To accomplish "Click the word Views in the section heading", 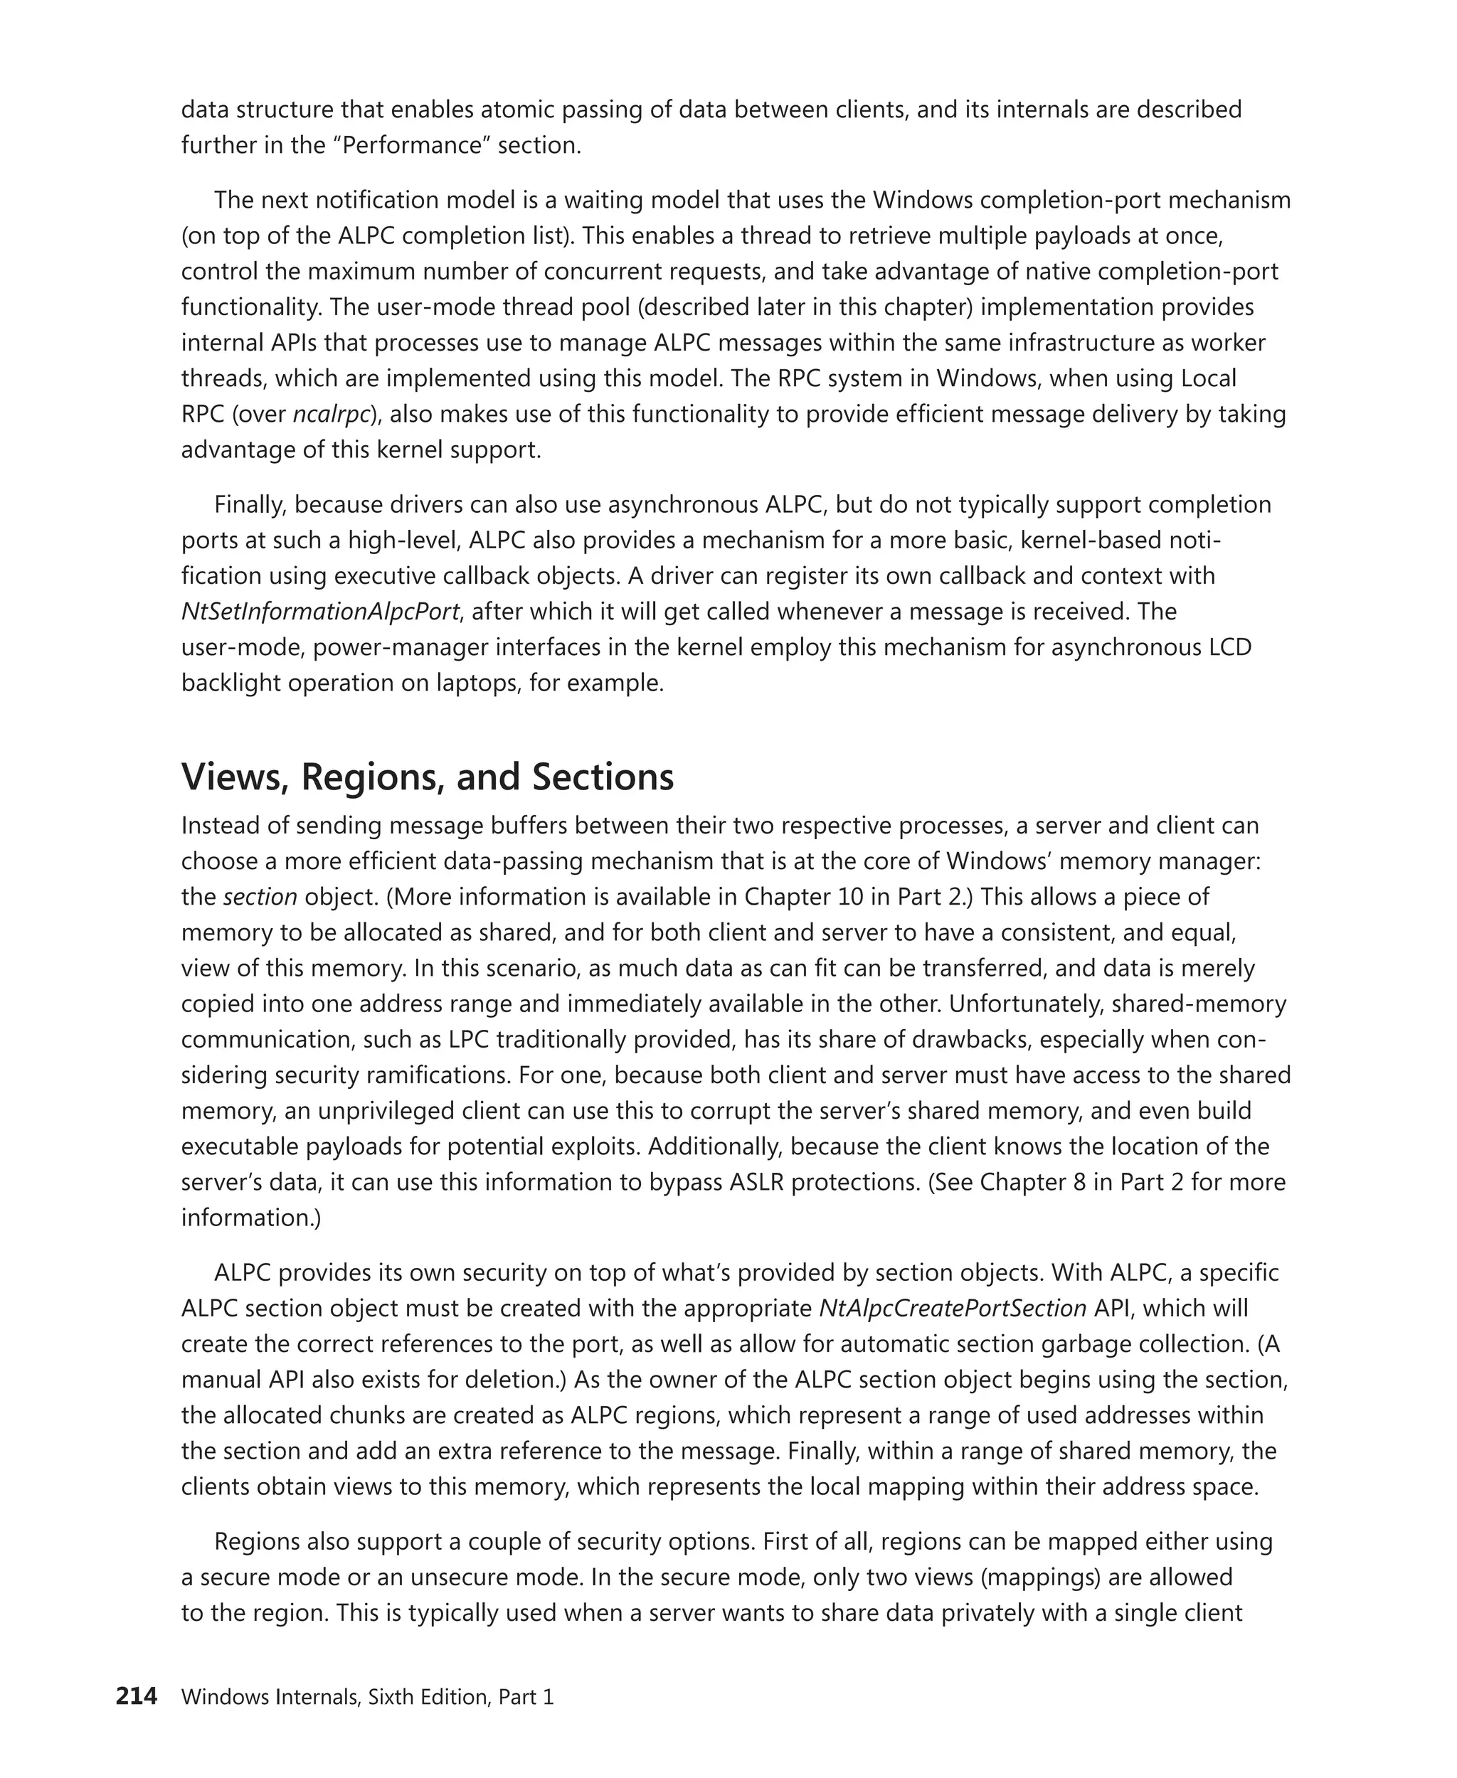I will (x=235, y=776).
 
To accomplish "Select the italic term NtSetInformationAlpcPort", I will (x=319, y=611).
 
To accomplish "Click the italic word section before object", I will (x=260, y=896).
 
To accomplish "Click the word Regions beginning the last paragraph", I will (x=258, y=1541).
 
